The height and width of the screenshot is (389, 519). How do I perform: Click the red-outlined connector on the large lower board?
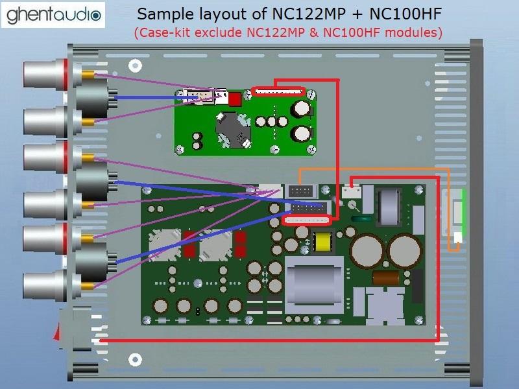click(x=308, y=221)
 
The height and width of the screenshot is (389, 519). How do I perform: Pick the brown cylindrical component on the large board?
click(x=386, y=277)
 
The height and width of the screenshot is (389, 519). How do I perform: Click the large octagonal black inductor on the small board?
click(x=233, y=128)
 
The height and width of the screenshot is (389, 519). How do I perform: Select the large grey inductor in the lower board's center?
click(x=315, y=277)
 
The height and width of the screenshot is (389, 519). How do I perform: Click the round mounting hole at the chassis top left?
click(x=135, y=64)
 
